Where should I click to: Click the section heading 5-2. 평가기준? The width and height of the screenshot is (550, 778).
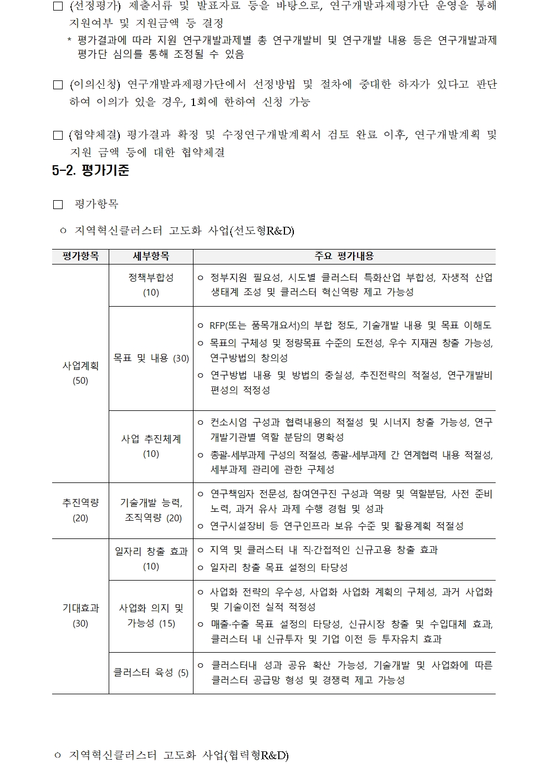pyautogui.click(x=91, y=170)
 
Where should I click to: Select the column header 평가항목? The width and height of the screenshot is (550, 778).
pyautogui.click(x=80, y=256)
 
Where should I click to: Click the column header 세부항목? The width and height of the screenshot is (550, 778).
pyautogui.click(x=151, y=256)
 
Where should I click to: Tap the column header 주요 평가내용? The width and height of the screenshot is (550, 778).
pyautogui.click(x=344, y=256)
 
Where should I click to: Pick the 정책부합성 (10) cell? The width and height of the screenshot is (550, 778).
pyautogui.click(x=151, y=284)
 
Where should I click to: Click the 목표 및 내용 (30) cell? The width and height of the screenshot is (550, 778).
pyautogui.click(x=151, y=358)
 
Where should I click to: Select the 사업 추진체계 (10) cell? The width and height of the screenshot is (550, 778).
pyautogui.click(x=151, y=446)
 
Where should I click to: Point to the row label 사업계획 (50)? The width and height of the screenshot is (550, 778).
pyautogui.click(x=80, y=373)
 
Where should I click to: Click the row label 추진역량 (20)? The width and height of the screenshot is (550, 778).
pyautogui.click(x=80, y=510)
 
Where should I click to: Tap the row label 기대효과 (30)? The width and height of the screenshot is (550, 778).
pyautogui.click(x=80, y=616)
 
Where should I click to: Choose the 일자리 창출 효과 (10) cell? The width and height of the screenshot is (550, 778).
pyautogui.click(x=151, y=558)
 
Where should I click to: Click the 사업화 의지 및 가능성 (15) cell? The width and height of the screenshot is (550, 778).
pyautogui.click(x=151, y=616)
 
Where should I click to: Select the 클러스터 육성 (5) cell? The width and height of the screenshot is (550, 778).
pyautogui.click(x=151, y=673)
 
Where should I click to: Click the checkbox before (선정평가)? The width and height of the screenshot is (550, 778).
pyautogui.click(x=58, y=7)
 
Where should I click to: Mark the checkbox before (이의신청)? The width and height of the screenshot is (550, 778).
pyautogui.click(x=58, y=85)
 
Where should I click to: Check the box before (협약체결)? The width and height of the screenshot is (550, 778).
pyautogui.click(x=58, y=135)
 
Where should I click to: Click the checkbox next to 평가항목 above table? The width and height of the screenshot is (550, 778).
pyautogui.click(x=58, y=205)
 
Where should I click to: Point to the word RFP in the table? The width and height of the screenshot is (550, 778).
pyautogui.click(x=216, y=326)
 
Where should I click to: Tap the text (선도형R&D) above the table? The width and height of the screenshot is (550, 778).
pyautogui.click(x=261, y=231)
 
